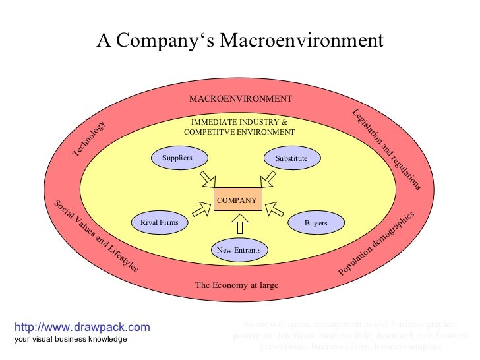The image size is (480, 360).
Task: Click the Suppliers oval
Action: [177, 158]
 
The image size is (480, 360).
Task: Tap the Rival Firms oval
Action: [160, 223]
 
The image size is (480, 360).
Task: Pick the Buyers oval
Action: [316, 224]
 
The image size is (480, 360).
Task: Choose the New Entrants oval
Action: [239, 250]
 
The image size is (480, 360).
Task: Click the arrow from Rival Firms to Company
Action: [200, 210]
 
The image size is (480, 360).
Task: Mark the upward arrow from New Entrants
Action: [239, 225]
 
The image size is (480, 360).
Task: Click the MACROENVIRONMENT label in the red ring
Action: [240, 99]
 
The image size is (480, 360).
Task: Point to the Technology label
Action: [88, 139]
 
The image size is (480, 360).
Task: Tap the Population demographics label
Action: [376, 244]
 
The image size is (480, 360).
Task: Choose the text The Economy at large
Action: [237, 285]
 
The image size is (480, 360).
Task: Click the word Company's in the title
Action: [162, 41]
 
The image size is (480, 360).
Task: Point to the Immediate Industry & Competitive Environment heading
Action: [239, 127]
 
